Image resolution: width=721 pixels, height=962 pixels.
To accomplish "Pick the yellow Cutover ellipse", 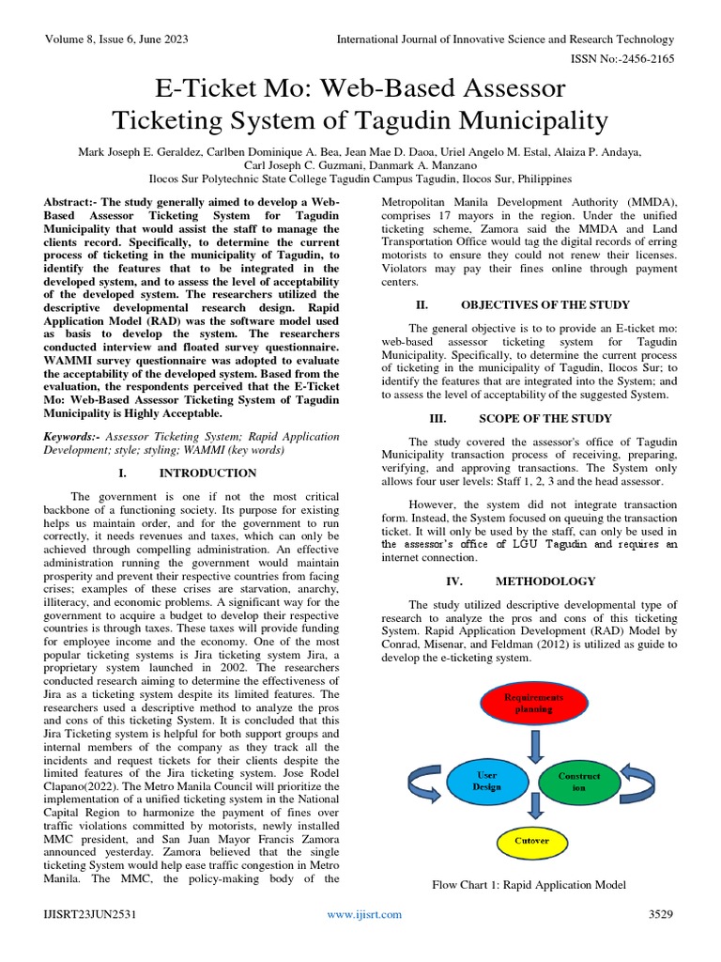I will tap(532, 839).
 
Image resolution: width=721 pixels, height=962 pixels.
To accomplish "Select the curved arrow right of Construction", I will tap(645, 779).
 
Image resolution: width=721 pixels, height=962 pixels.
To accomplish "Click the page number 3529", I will tap(662, 914).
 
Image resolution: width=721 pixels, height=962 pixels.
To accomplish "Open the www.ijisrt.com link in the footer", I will tap(364, 914).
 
